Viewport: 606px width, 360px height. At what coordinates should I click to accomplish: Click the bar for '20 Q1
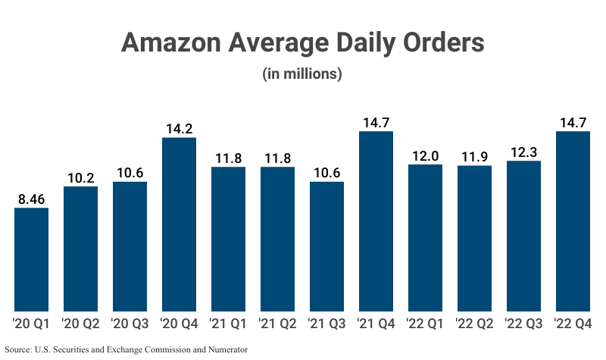32,259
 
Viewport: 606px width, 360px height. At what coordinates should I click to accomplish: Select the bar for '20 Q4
179,224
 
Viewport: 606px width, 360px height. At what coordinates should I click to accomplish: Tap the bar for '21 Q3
326,246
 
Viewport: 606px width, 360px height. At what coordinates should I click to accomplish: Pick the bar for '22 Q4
573,221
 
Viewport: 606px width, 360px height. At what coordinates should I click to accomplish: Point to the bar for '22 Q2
474,238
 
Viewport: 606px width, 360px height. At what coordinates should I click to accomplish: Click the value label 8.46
32,199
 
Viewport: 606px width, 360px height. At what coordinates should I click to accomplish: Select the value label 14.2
179,129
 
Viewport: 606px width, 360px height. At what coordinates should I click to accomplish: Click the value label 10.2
80,178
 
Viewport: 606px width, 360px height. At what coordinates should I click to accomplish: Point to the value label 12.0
425,156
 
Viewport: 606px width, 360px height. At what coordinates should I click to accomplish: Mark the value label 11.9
474,157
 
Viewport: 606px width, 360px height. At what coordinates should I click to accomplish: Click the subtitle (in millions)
302,74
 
